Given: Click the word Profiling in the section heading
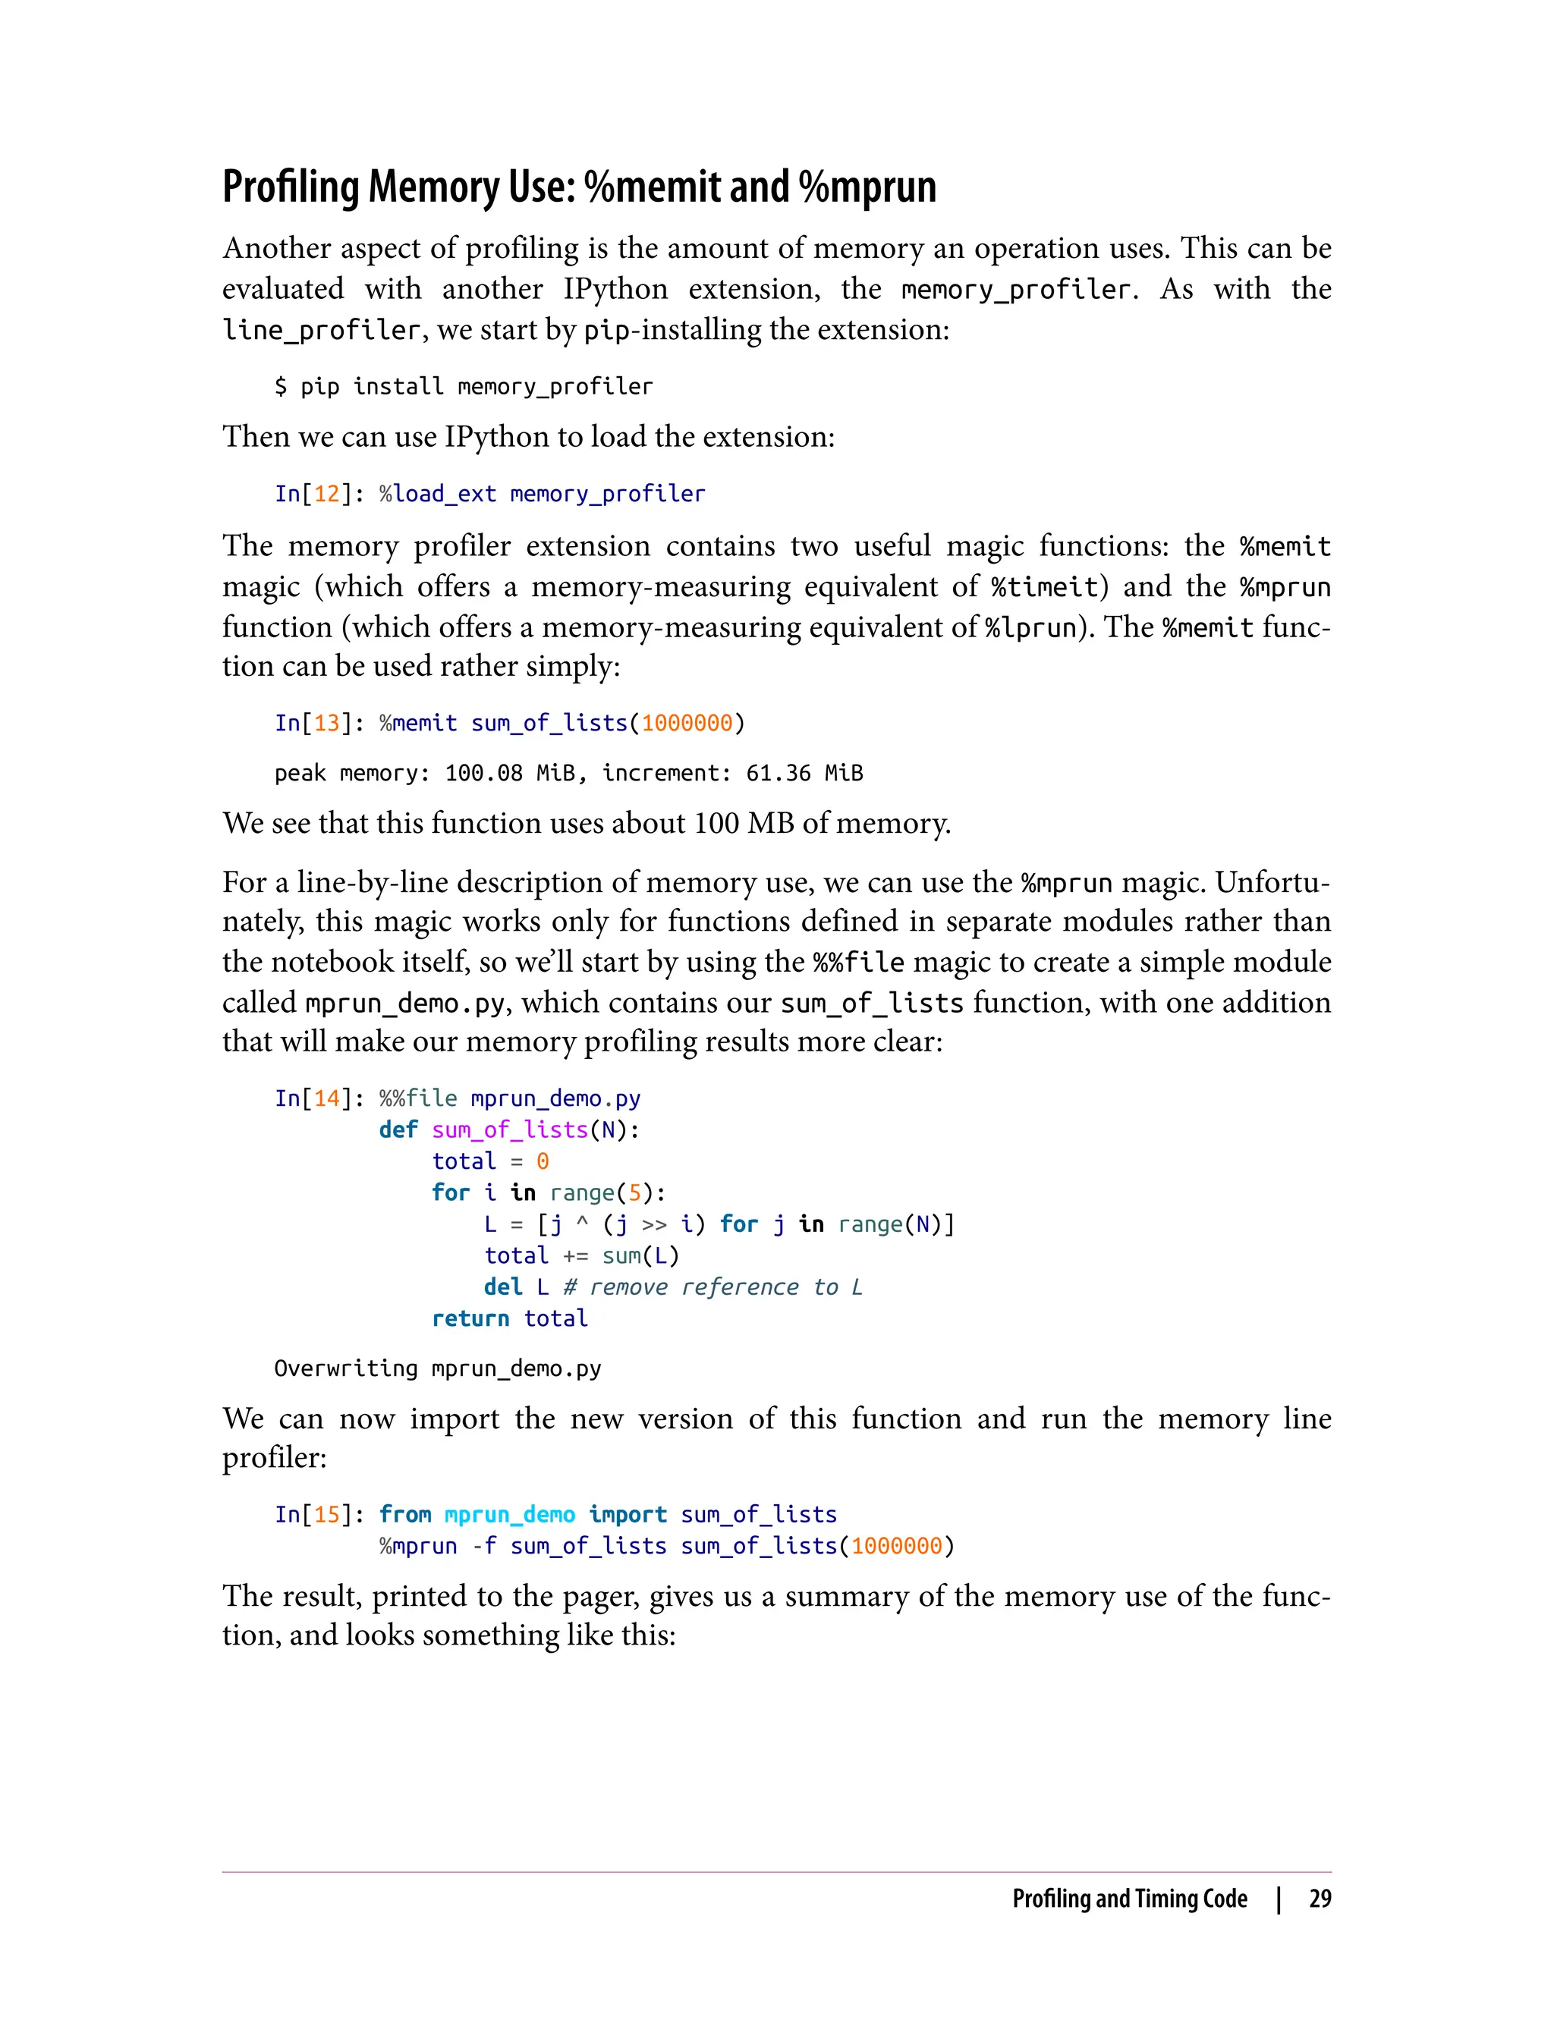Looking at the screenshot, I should point(291,187).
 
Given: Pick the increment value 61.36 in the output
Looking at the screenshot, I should point(778,773).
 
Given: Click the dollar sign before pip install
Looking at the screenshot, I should point(280,387).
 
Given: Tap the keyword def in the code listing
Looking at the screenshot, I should point(398,1130).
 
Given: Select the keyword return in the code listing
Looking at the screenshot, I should point(470,1318).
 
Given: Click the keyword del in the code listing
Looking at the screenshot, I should point(502,1287).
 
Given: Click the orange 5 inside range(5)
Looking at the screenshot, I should point(634,1193).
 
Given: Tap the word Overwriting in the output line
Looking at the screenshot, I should point(345,1368).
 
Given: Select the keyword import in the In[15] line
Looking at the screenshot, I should point(628,1515).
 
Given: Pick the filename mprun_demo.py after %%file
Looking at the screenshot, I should point(555,1098).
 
